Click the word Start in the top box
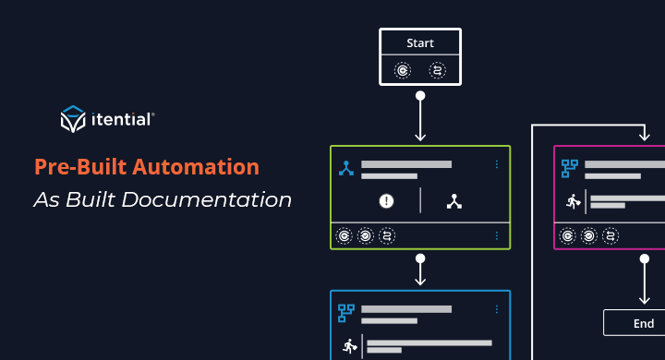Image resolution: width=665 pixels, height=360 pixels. point(420,42)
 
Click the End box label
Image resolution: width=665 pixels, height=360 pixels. point(644,323)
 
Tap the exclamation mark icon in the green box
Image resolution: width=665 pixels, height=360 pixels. point(387,200)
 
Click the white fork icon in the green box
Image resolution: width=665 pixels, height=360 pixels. point(453,200)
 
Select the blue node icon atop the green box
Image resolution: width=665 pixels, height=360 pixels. point(346,168)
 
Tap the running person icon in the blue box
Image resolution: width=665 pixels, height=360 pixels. point(349,346)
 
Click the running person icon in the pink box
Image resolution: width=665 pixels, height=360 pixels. point(573,201)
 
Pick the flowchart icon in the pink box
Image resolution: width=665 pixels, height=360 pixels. point(570,168)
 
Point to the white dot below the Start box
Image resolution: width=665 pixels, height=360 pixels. point(420,95)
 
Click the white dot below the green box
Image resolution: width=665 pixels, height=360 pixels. point(420,259)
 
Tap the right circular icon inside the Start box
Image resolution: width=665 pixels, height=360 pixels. point(438,70)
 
